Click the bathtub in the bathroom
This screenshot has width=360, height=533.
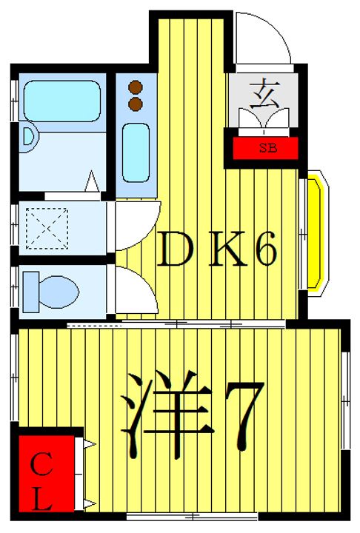tap(62, 101)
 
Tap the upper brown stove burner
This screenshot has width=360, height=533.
tap(136, 87)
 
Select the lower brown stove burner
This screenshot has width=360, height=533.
tap(136, 104)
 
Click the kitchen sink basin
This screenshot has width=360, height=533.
tap(136, 152)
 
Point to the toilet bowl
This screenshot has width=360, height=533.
tap(59, 292)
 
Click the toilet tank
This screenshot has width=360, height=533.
tap(30, 292)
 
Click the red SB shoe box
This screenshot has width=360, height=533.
tap(265, 148)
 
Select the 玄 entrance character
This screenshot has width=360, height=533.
tap(264, 93)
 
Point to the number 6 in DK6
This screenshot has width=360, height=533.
tap(265, 249)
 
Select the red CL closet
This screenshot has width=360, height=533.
tap(46, 474)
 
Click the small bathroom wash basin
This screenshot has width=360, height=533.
tap(29, 138)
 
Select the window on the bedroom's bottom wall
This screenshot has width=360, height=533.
tap(193, 517)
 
